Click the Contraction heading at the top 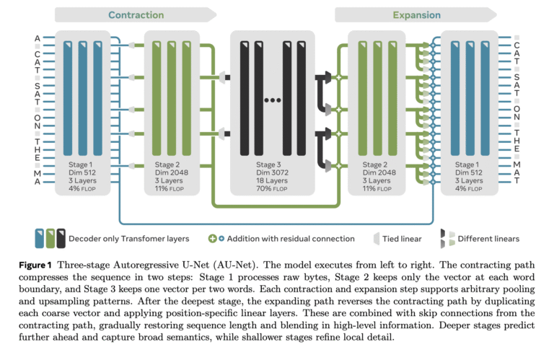(x=135, y=14)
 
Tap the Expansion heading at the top (x=415, y=14)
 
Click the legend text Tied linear (x=403, y=239)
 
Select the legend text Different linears (x=491, y=239)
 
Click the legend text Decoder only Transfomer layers (x=130, y=239)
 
